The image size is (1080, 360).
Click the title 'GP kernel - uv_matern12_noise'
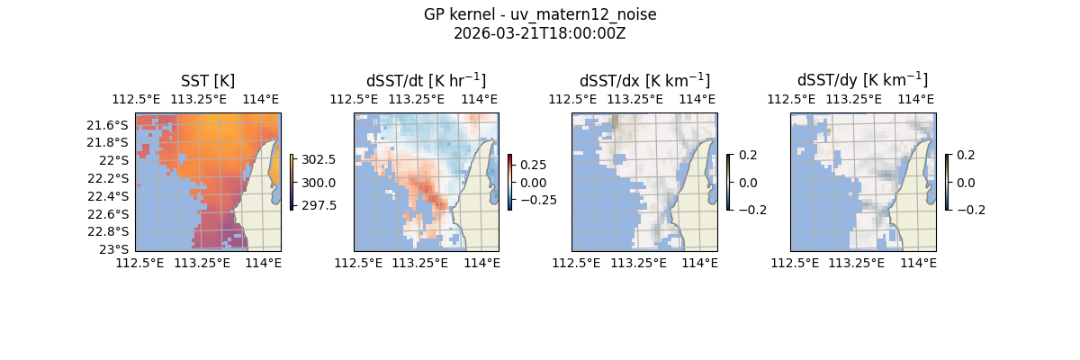tap(539, 15)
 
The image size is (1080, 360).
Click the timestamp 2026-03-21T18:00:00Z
tap(539, 33)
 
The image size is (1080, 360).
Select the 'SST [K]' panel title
tap(207, 80)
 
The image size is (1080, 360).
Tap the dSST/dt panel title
tap(426, 80)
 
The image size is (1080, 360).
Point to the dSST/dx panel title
tap(644, 80)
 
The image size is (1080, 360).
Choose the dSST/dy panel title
tap(862, 80)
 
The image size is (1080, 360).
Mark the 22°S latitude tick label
tap(117, 160)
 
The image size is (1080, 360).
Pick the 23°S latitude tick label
tap(117, 249)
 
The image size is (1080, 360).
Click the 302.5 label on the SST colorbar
tap(320, 160)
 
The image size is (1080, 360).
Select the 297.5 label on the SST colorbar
tap(320, 205)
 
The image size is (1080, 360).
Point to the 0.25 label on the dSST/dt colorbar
tap(532, 166)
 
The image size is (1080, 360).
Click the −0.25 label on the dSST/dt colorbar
tap(535, 200)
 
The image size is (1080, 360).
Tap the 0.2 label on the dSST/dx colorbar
tap(748, 155)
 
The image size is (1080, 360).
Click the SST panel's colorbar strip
tap(292, 182)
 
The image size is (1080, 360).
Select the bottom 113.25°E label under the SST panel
tap(201, 263)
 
